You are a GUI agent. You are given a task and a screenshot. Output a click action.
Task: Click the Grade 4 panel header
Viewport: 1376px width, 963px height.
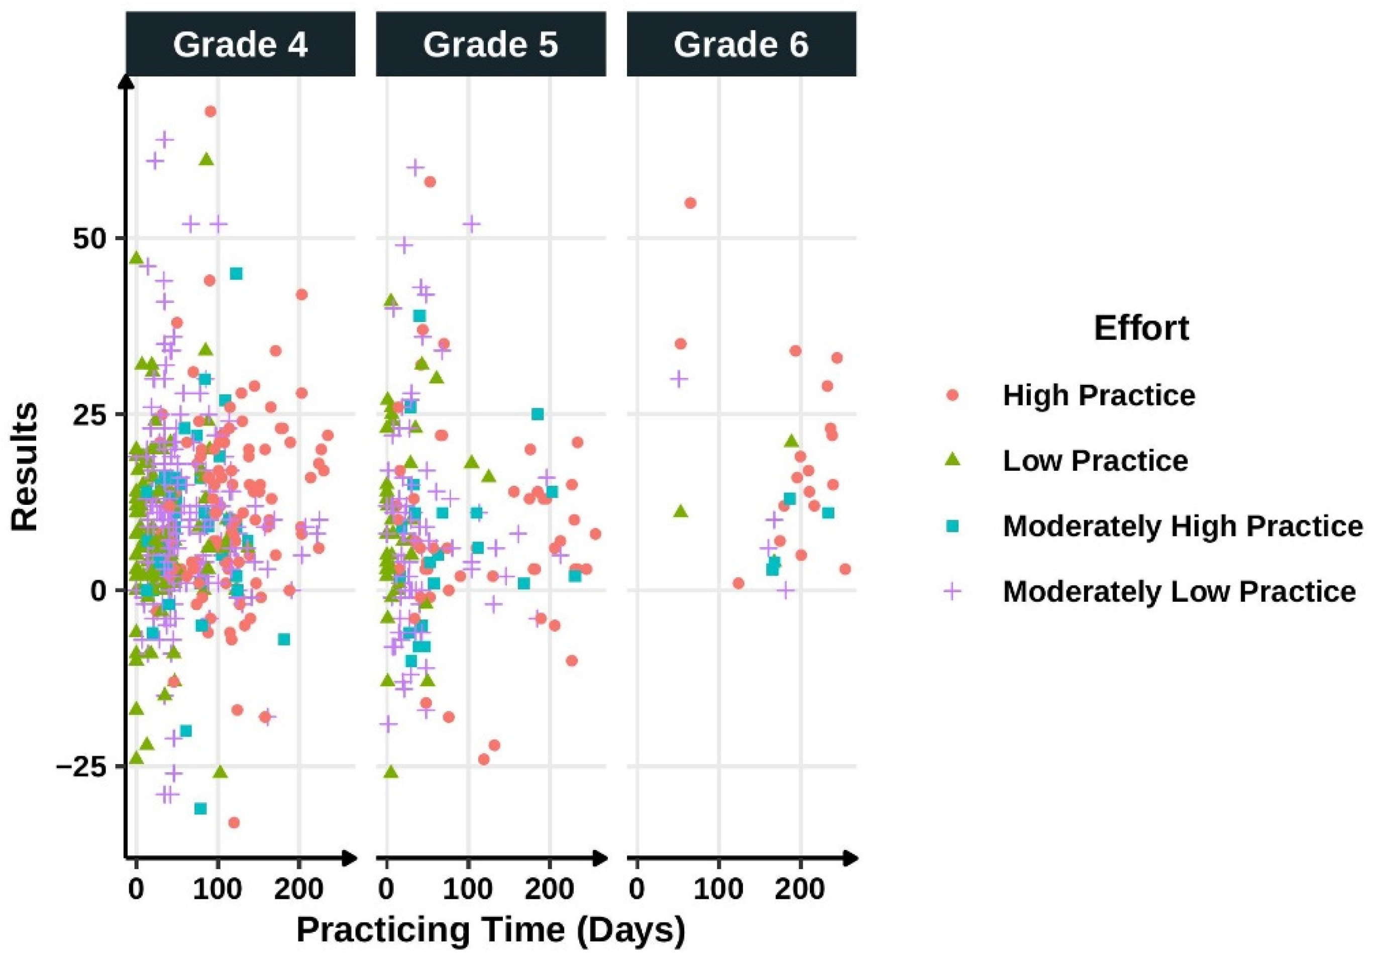pos(240,45)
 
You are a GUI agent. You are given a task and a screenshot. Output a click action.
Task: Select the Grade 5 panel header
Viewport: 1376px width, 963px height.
pos(490,45)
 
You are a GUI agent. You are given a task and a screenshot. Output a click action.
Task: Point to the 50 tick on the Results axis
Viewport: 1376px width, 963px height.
pos(90,239)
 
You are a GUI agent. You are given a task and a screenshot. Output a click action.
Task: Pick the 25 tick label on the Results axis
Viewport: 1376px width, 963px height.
pos(90,414)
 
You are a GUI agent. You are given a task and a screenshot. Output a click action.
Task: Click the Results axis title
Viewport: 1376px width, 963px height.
pos(25,467)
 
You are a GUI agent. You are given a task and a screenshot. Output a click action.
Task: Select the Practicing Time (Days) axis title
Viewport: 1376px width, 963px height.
pos(490,929)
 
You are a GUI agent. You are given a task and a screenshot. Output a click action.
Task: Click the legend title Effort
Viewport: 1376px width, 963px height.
pos(1141,329)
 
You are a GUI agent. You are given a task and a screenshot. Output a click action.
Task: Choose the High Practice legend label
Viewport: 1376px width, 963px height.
pos(1099,395)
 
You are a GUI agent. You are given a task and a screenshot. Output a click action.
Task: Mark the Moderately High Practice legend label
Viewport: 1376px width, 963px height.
pos(1183,526)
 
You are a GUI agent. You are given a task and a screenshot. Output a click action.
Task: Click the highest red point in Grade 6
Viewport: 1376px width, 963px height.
pos(690,203)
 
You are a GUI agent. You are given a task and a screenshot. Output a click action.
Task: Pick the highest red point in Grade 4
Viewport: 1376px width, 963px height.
pos(210,112)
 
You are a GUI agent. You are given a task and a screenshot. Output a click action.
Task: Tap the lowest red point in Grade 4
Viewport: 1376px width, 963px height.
pos(234,823)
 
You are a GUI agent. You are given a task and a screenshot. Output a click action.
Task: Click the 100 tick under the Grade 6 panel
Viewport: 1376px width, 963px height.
pos(718,889)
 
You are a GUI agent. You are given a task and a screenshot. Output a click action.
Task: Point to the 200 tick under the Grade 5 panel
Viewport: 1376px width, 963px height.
pos(550,889)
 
